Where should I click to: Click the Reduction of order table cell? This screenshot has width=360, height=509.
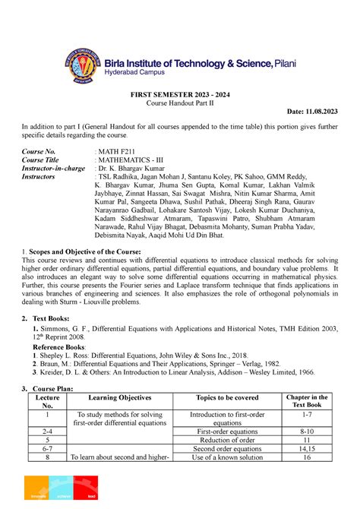226,440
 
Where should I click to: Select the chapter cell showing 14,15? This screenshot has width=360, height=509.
307,449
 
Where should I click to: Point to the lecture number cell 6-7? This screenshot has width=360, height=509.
47,449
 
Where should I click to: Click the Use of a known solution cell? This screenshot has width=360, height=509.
226,458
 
